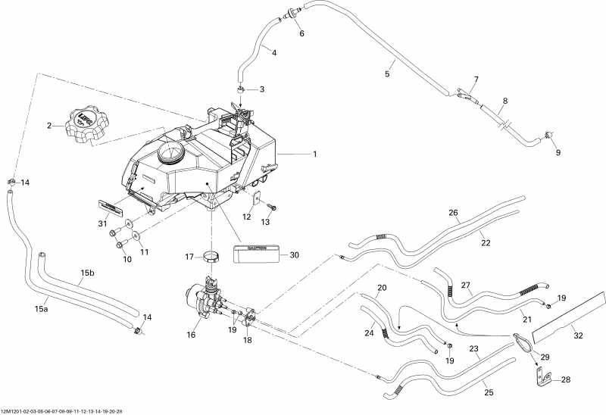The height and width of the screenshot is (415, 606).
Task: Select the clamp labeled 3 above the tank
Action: (x=240, y=90)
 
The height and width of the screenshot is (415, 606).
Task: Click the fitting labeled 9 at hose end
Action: (x=548, y=136)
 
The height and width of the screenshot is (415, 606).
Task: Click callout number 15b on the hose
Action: (x=87, y=273)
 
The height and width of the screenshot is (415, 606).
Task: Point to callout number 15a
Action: (x=42, y=308)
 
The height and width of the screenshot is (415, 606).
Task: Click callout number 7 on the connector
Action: (x=476, y=80)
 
